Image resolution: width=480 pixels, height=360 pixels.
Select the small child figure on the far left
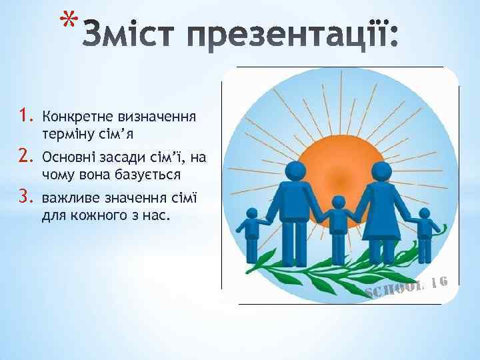(252, 215)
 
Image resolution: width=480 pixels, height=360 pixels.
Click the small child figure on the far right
(424, 215)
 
